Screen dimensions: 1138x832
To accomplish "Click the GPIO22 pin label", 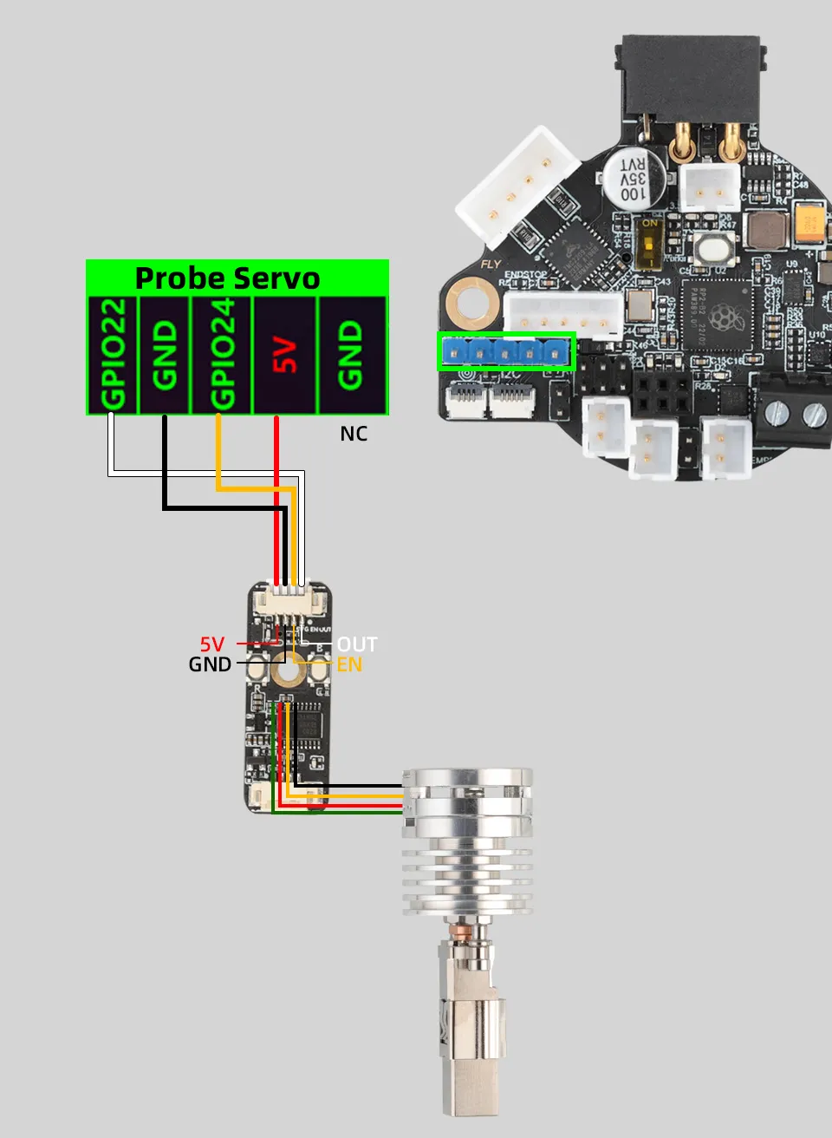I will coord(114,354).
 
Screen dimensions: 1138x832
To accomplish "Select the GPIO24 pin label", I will coord(222,354).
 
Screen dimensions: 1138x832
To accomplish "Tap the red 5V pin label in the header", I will coord(285,355).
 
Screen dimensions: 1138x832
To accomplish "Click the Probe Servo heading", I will coord(227,278).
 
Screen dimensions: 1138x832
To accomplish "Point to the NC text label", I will coord(354,434).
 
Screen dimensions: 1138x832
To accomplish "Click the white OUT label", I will coord(356,644).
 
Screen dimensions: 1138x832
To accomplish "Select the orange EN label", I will coord(349,665).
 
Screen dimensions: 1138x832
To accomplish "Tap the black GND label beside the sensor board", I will coord(210,665).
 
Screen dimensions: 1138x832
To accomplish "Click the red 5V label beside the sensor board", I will coord(212,644).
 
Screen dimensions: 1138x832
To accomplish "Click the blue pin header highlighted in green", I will coord(506,352).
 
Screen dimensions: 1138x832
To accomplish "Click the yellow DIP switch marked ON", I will coord(648,243).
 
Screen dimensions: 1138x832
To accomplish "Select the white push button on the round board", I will coord(716,248).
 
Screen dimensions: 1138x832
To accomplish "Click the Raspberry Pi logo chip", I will coord(724,317).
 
